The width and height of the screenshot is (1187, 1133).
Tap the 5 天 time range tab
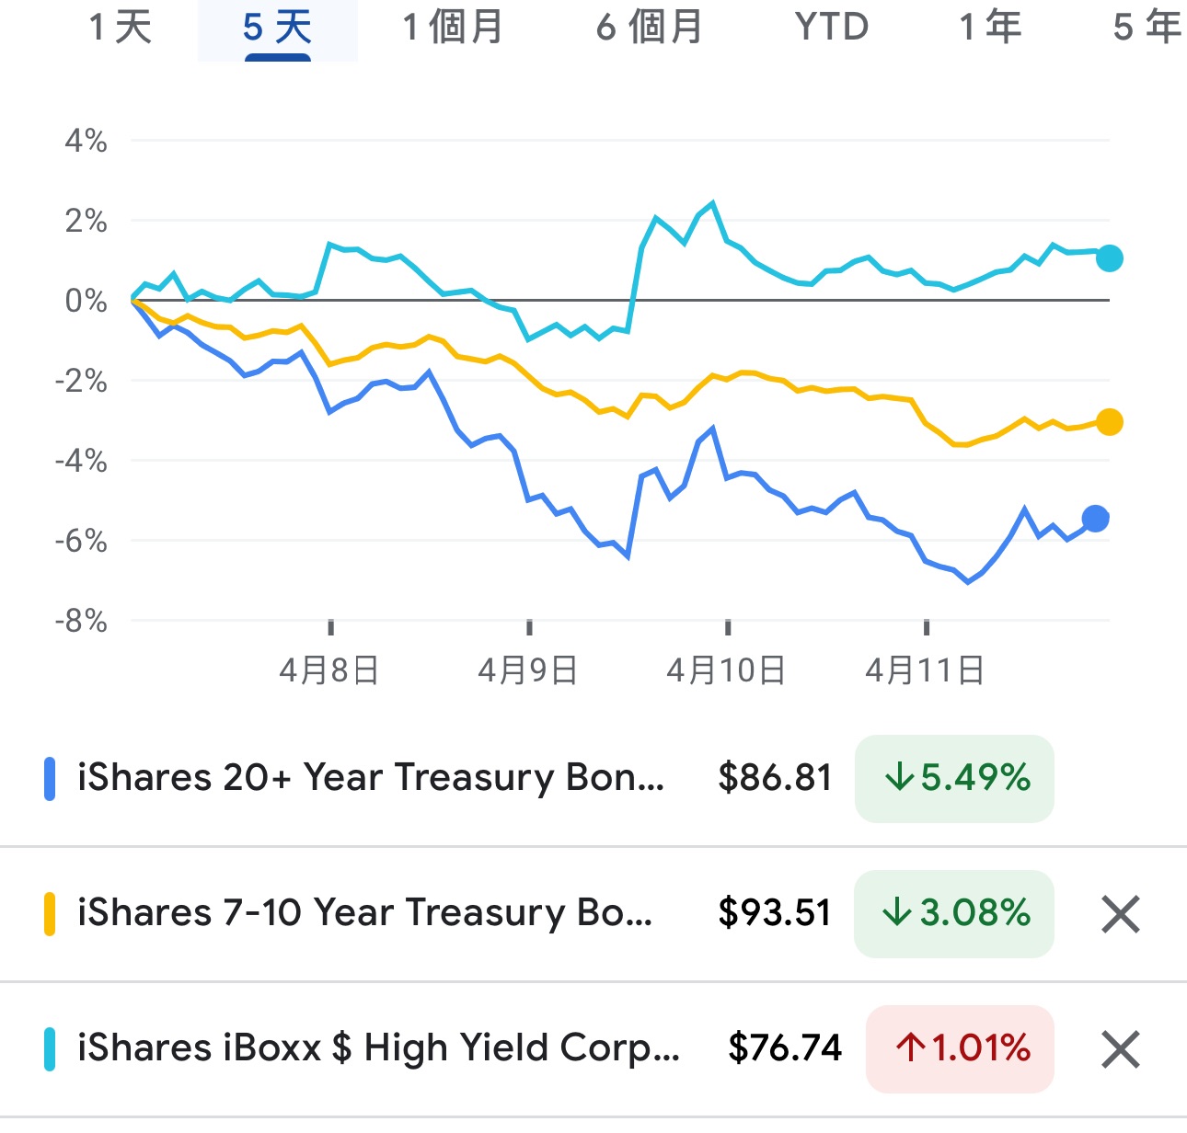tap(277, 28)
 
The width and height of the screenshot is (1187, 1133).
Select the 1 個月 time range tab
tap(453, 28)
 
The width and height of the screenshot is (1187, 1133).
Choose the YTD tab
tap(831, 28)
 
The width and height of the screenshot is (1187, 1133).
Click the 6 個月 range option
tap(649, 28)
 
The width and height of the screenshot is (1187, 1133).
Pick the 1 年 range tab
tap(990, 28)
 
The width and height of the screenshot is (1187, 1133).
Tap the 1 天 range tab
tap(121, 28)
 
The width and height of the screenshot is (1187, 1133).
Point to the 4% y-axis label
tap(86, 142)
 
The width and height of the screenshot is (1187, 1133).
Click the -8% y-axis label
tap(81, 622)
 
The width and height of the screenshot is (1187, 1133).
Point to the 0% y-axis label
tap(86, 301)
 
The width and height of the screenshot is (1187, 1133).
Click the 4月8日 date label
tap(329, 670)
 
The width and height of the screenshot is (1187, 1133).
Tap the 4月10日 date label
tap(726, 670)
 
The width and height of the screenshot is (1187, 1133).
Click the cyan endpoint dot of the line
tap(1110, 258)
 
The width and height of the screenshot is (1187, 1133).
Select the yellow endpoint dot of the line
tap(1110, 422)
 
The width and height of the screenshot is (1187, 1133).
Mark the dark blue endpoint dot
tap(1095, 520)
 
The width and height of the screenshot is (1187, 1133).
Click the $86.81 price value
tap(775, 778)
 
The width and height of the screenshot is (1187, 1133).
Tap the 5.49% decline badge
tap(954, 778)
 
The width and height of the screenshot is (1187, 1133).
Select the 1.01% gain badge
tap(960, 1048)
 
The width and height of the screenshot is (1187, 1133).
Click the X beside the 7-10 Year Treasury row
tap(1120, 914)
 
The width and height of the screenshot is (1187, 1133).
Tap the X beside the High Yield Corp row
tap(1120, 1049)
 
